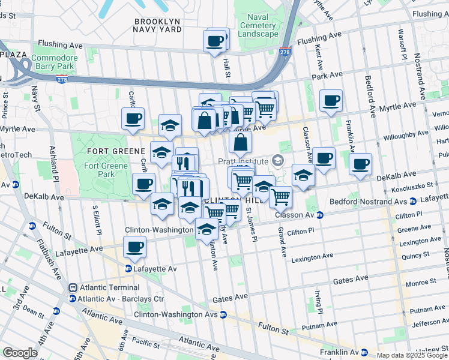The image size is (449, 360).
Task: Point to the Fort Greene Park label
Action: point(106,170)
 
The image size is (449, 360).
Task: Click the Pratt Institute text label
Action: point(248,160)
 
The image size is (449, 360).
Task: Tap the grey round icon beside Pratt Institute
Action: point(277,160)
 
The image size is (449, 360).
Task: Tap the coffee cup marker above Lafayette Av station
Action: point(135,247)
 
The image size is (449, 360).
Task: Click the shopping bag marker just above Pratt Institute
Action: point(240,143)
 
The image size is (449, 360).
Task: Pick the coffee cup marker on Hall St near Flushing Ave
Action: point(215,41)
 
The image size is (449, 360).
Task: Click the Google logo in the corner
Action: point(20,353)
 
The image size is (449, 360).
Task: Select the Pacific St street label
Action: point(146,342)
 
